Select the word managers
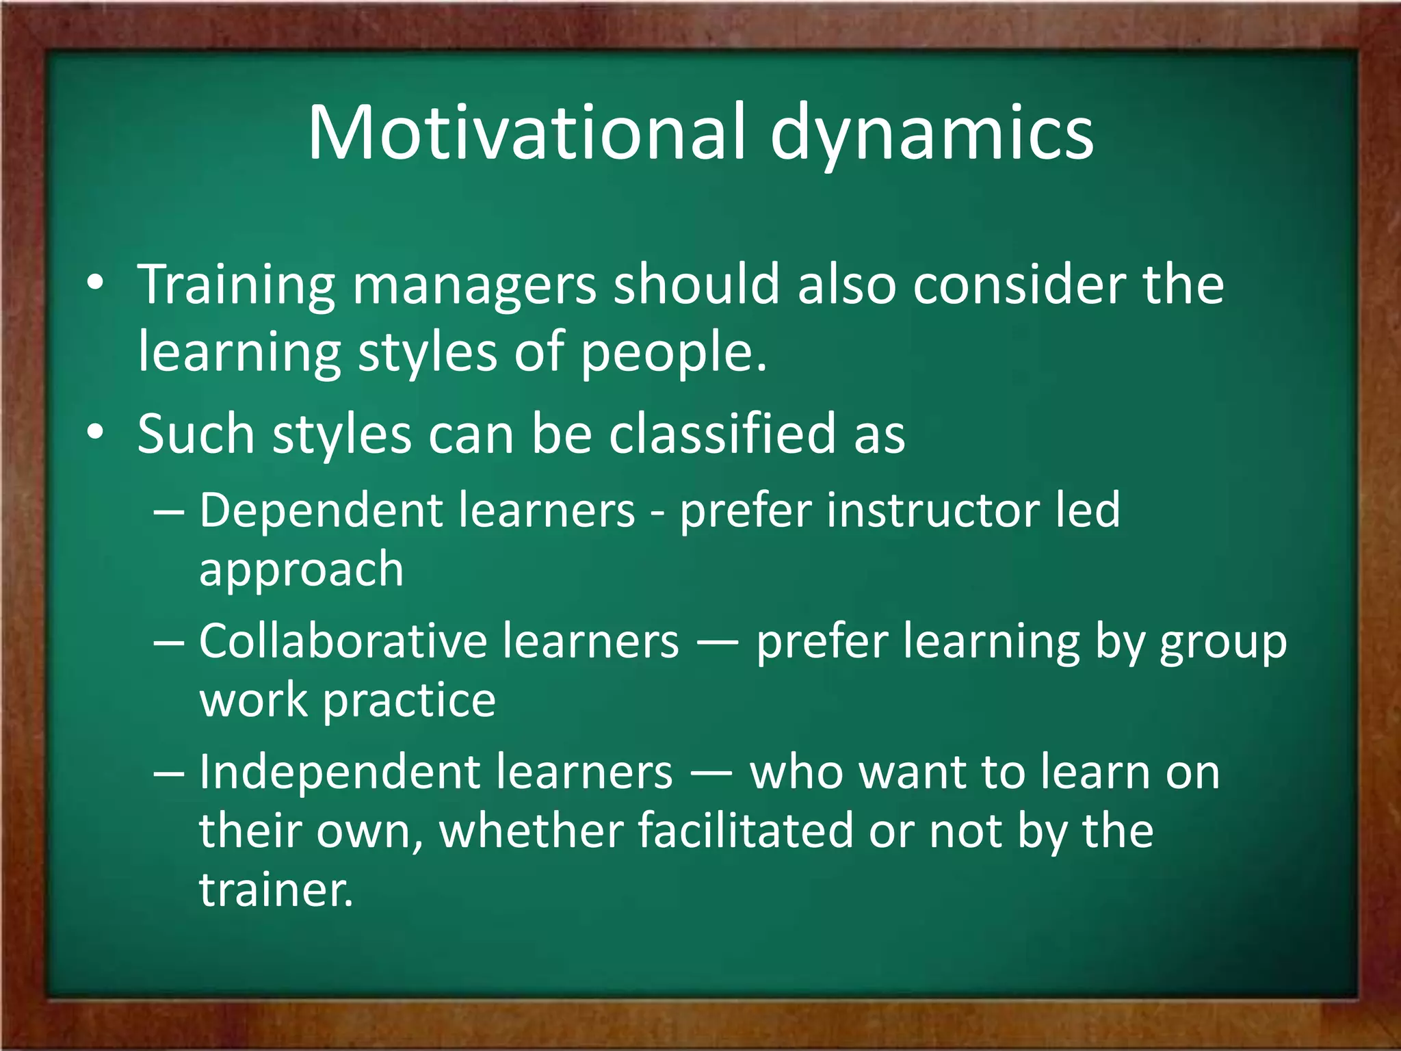click(x=474, y=286)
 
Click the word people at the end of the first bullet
click(x=673, y=354)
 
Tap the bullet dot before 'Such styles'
click(x=96, y=433)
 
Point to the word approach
click(x=301, y=570)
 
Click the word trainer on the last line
click(x=276, y=890)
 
